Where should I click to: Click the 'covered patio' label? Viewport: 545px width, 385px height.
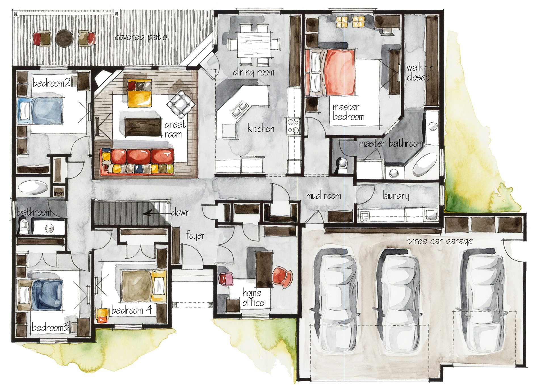pyautogui.click(x=141, y=37)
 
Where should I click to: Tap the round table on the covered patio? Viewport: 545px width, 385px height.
pyautogui.click(x=64, y=38)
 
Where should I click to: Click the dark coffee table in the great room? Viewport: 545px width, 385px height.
pyautogui.click(x=143, y=127)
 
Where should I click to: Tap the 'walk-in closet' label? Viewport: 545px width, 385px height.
pyautogui.click(x=420, y=72)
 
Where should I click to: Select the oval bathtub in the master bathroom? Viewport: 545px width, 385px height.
pyautogui.click(x=425, y=165)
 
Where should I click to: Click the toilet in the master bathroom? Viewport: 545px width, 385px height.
pyautogui.click(x=342, y=165)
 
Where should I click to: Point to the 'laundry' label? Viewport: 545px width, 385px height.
pyautogui.click(x=396, y=195)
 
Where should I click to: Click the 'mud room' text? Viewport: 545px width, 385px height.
pyautogui.click(x=324, y=196)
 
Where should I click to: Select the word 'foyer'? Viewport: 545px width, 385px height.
pyautogui.click(x=196, y=235)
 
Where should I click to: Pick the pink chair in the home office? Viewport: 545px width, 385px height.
pyautogui.click(x=226, y=279)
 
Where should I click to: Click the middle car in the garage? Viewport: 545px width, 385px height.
pyautogui.click(x=398, y=301)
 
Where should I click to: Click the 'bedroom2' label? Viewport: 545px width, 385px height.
pyautogui.click(x=51, y=83)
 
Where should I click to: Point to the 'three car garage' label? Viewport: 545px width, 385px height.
pyautogui.click(x=440, y=241)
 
